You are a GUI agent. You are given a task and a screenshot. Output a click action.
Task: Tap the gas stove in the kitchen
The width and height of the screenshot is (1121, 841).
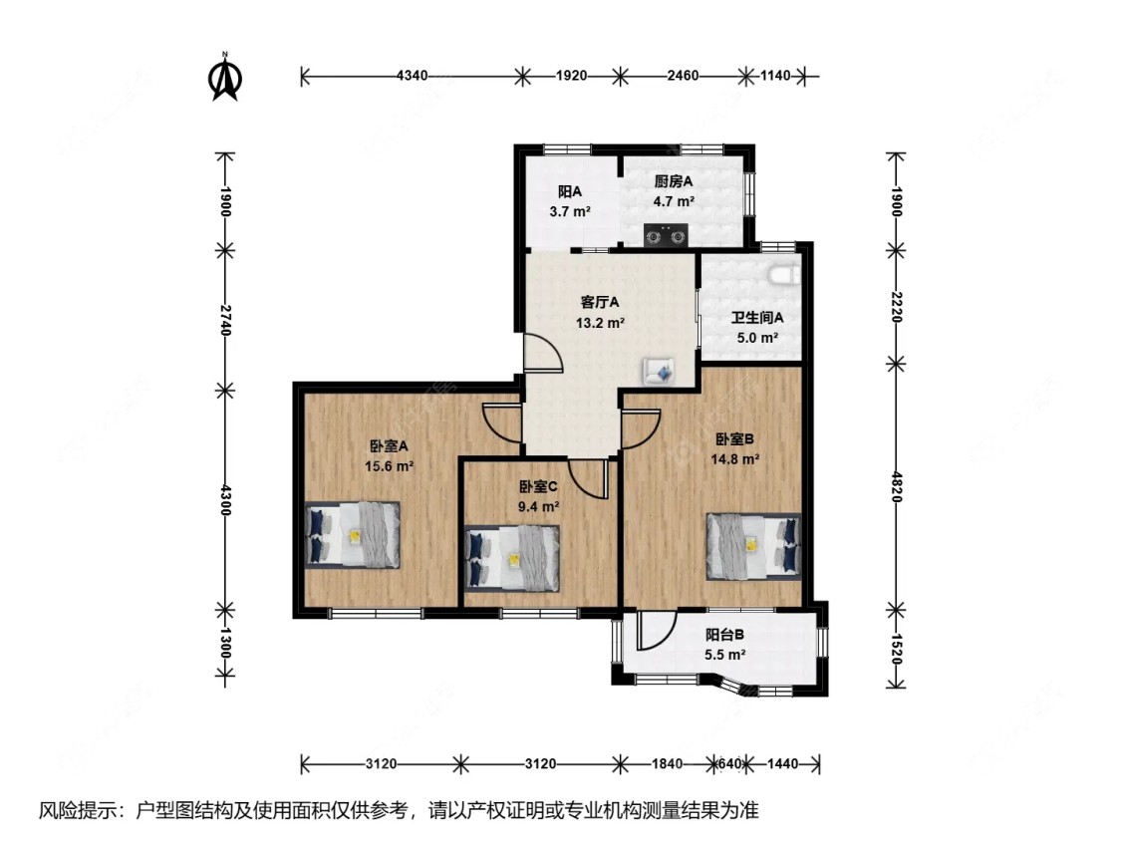point(667,236)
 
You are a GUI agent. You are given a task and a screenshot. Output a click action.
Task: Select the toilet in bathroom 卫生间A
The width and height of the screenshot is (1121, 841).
point(783,273)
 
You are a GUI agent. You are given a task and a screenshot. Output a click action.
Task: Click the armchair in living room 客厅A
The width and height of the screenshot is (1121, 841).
point(660,371)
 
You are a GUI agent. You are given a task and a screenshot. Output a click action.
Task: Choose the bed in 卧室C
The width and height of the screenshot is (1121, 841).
point(512,557)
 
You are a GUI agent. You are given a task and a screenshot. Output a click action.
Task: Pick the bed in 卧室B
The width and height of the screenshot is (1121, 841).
point(753,545)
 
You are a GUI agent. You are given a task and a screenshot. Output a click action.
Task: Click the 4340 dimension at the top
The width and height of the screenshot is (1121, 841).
point(412,75)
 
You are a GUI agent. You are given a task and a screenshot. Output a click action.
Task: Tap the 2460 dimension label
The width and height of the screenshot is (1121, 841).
point(683,75)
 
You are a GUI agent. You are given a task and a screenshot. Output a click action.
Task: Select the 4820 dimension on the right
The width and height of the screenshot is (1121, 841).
point(896,484)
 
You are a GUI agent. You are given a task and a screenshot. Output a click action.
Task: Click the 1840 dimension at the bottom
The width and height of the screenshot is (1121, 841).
point(667,764)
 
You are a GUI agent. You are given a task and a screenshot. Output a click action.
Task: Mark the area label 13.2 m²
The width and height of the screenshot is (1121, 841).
point(600,323)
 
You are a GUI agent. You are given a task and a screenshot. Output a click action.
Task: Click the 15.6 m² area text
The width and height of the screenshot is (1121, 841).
point(390,465)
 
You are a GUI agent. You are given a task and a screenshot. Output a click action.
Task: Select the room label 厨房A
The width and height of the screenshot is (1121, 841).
point(674,181)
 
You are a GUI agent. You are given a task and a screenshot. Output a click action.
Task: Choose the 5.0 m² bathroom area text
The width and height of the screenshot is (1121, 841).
point(756,338)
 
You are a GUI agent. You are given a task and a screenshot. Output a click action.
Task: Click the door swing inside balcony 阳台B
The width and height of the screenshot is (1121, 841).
point(656,631)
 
